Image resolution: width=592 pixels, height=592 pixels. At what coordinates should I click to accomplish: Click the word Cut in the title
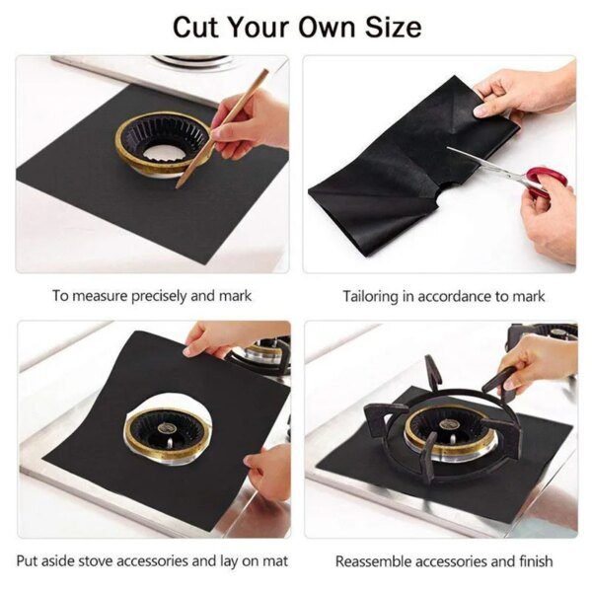[x=196, y=27]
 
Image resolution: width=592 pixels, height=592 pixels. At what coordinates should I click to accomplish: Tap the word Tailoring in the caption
[x=373, y=295]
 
